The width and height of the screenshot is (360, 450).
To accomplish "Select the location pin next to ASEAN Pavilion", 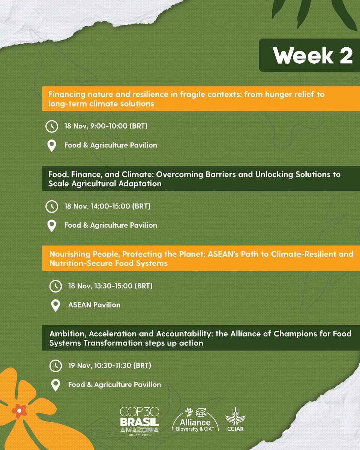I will click(55, 305).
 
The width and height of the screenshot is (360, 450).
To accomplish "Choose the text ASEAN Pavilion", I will click(94, 305).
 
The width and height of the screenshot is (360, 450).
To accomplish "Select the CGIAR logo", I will click(235, 419).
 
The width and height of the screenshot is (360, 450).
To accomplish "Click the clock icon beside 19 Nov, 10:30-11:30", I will click(55, 366).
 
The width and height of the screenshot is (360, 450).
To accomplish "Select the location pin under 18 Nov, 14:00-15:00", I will click(51, 225).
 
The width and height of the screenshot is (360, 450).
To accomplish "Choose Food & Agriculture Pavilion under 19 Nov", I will click(114, 385).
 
